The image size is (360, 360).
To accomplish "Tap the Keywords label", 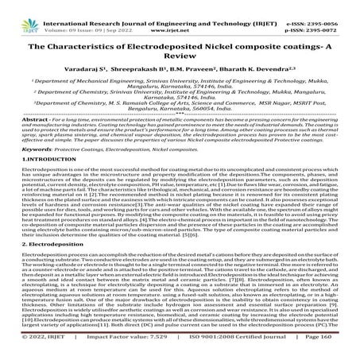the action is pos(21,171).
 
